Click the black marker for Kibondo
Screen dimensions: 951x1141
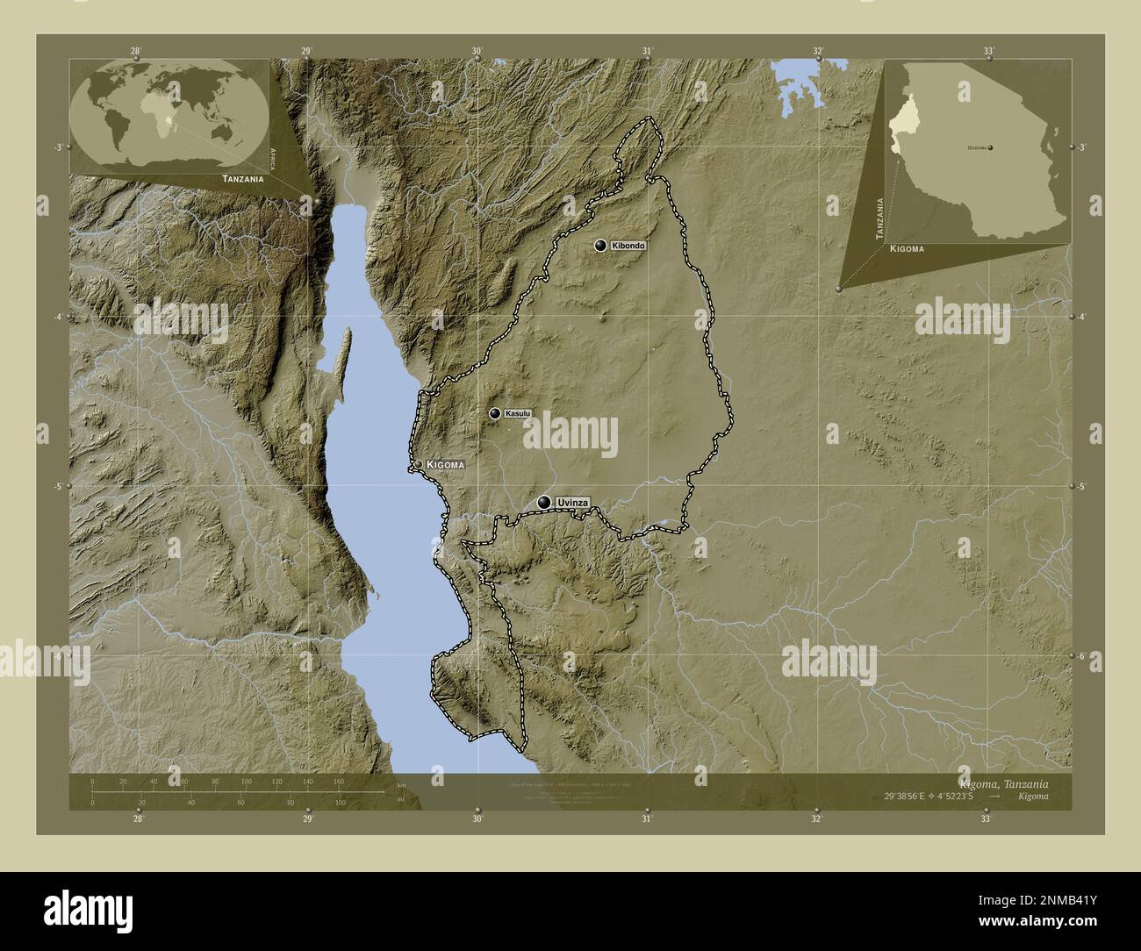coord(600,246)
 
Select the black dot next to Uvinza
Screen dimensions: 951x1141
coord(545,502)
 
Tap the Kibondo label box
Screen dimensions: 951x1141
coord(628,247)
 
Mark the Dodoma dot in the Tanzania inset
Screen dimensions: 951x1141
coord(991,148)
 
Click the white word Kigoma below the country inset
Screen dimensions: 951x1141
coord(907,249)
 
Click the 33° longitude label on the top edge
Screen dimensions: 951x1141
coord(988,51)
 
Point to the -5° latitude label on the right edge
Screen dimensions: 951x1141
coord(1083,486)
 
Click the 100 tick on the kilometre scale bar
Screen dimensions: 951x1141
coord(246,781)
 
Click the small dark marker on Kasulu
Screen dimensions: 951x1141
coord(495,413)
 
